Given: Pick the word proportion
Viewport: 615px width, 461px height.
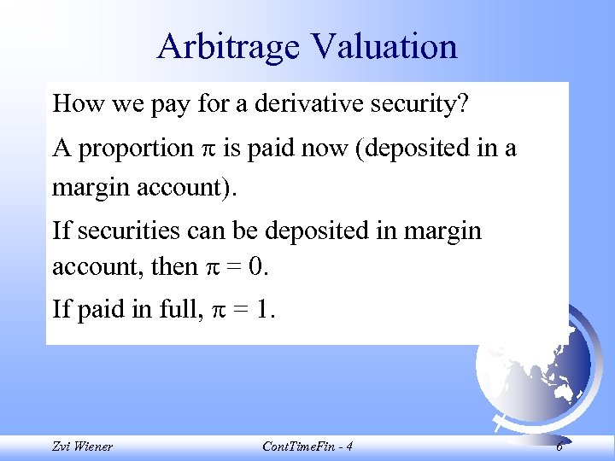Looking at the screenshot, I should click(x=135, y=149).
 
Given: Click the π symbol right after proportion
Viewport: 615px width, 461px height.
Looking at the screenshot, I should click(x=208, y=150).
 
